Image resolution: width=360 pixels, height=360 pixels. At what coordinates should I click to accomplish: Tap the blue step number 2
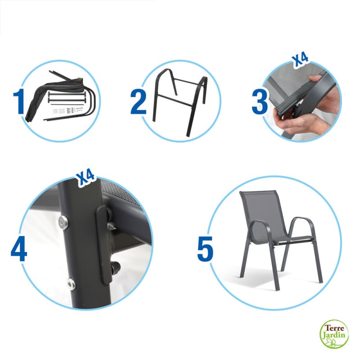[x=138, y=102]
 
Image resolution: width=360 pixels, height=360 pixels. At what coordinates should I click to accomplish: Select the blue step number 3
[x=260, y=102]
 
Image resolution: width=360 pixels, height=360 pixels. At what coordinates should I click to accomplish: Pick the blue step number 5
[x=205, y=248]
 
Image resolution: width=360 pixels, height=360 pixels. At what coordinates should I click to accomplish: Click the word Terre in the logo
[x=334, y=326]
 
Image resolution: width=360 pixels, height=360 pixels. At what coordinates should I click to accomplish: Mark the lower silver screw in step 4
[x=71, y=283]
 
